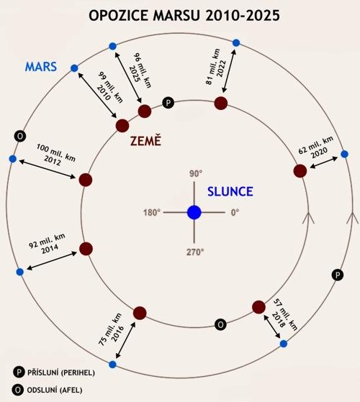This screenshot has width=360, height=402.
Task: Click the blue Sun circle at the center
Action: (194, 213)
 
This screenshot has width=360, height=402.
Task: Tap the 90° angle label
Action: (196, 173)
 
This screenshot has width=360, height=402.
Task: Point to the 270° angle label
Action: (195, 252)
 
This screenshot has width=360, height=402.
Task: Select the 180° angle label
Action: (152, 213)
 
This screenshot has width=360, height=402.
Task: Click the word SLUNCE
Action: (230, 191)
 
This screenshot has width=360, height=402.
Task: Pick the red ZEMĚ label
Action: (145, 141)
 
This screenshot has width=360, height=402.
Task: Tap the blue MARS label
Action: (41, 67)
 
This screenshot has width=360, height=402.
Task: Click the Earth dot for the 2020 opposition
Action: (300, 171)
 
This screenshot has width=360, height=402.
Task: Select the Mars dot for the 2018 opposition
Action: (283, 344)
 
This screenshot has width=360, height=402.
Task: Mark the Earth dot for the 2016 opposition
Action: (140, 313)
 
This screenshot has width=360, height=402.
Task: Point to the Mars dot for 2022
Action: (236, 43)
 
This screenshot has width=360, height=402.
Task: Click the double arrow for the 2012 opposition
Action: (48, 169)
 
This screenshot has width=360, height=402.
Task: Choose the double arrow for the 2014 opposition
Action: (52, 261)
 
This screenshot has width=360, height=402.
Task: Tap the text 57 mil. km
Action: (285, 314)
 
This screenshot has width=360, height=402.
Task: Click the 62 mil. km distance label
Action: (316, 145)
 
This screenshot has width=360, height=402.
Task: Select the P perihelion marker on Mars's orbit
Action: (338, 275)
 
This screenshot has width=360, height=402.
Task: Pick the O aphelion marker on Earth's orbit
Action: (220, 324)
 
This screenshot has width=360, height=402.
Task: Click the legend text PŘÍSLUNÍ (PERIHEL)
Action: (61, 373)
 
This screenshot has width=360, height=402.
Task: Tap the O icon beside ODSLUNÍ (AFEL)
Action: (18, 390)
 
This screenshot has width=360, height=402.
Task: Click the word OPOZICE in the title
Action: (119, 16)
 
